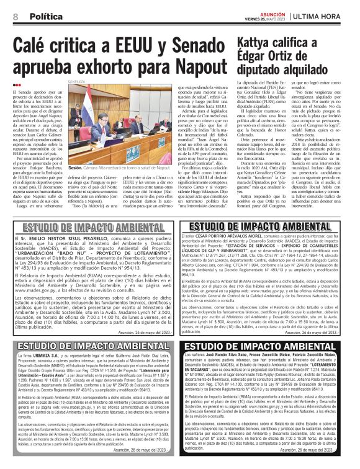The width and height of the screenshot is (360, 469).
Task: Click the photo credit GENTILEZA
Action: [76, 81]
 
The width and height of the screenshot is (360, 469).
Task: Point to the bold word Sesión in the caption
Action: [76, 167]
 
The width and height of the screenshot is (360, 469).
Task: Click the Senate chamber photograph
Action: [117, 124]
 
